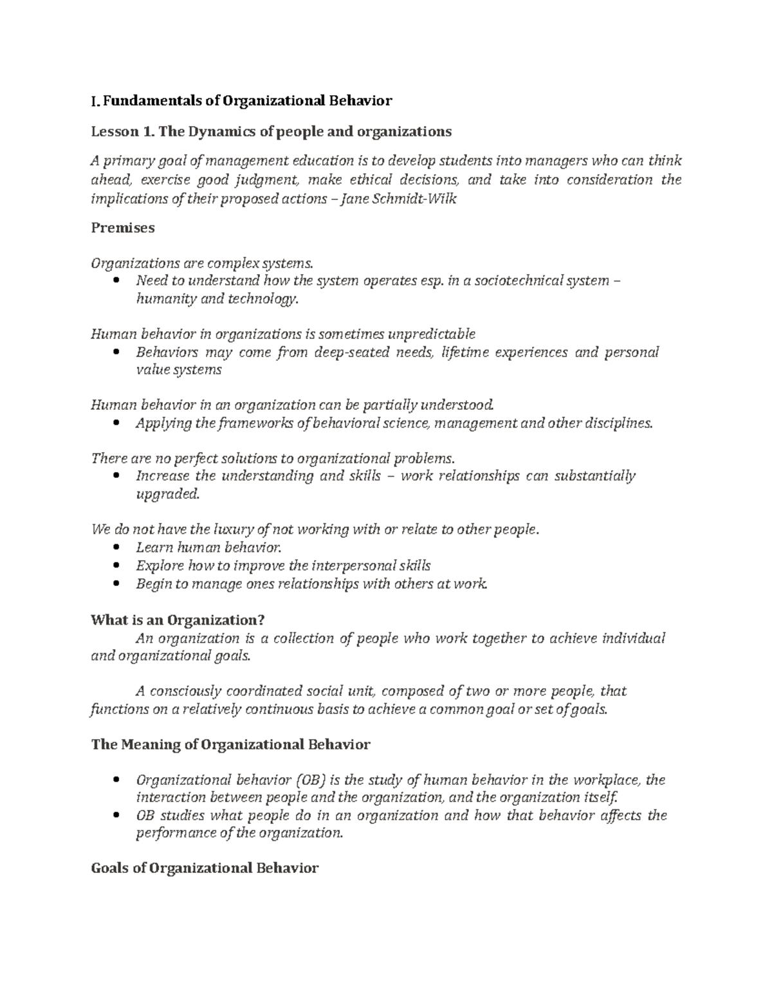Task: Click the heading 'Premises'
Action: click(x=123, y=228)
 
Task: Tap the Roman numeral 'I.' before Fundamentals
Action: click(x=95, y=101)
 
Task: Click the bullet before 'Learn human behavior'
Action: click(x=116, y=548)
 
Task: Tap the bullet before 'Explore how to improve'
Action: click(x=116, y=566)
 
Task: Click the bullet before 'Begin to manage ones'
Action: click(x=116, y=584)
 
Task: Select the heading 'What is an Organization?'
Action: click(x=178, y=620)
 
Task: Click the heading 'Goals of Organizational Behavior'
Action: click(x=205, y=868)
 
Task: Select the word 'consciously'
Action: click(x=184, y=692)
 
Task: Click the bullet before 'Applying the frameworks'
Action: click(x=116, y=423)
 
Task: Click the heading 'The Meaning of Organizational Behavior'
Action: click(x=231, y=745)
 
